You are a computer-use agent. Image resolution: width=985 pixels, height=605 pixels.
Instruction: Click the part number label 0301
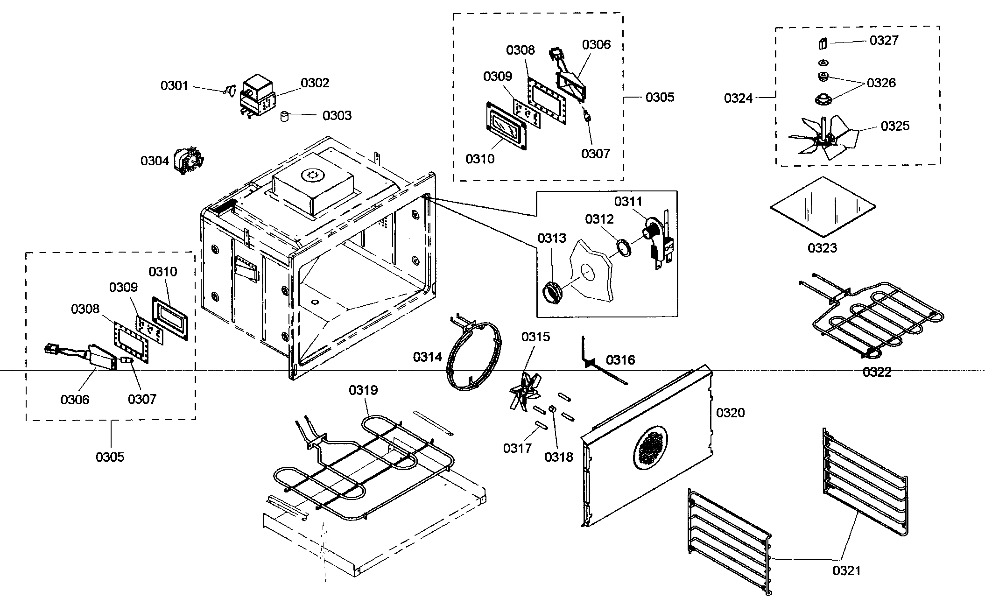(174, 86)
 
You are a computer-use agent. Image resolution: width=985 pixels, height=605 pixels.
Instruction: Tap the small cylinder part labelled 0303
(283, 116)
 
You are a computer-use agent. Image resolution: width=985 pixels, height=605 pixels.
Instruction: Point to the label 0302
(315, 83)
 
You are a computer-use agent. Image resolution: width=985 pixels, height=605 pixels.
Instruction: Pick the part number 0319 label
(363, 390)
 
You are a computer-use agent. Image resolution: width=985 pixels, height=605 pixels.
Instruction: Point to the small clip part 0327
(823, 43)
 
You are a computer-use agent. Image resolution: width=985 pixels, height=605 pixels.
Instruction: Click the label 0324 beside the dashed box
(739, 98)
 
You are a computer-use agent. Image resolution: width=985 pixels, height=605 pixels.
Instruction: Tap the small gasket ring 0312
(623, 247)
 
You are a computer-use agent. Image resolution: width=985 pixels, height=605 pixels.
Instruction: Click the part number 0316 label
(620, 360)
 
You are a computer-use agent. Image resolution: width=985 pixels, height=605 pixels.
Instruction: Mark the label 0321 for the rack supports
(847, 570)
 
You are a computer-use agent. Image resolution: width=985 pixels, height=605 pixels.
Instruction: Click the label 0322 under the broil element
(877, 372)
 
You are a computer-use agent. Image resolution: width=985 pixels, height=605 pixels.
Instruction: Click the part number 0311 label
(628, 202)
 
